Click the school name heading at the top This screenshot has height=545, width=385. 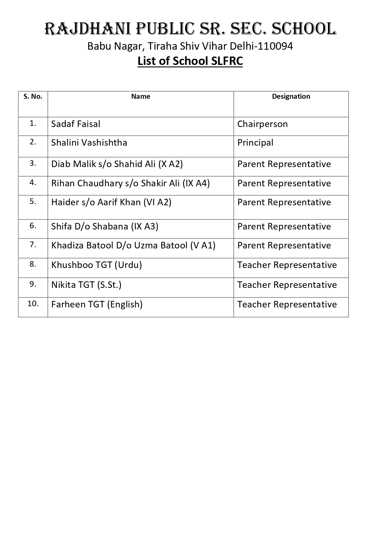190,29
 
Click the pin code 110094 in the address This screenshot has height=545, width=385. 275,46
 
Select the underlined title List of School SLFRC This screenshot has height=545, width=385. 190,61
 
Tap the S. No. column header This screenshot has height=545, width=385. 33,97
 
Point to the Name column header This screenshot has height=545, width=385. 141,97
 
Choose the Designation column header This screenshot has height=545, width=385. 291,97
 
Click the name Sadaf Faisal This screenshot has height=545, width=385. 76,124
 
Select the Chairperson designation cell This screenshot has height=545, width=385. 262,124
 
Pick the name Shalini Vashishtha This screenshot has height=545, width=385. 89,143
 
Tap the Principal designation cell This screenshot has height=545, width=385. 255,143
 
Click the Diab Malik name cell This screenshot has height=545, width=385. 117,164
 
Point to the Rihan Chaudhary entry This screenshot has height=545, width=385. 130,183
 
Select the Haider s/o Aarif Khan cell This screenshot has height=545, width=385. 111,202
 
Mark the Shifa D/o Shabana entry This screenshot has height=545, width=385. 105,226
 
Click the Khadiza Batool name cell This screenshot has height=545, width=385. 133,245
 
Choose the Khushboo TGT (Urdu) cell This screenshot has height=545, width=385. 96,265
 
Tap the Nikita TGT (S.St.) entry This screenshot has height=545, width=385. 86,285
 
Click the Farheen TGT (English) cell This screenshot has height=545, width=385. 97,304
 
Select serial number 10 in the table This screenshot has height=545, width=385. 33,304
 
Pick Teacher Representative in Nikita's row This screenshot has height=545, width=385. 287,285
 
